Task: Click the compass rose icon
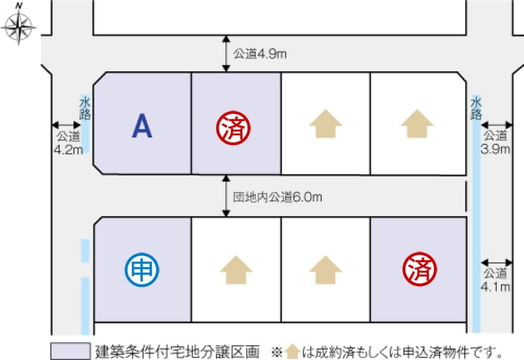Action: [19, 26]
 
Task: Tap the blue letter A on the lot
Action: [142, 126]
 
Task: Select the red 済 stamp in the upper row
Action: [233, 127]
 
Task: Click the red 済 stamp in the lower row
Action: [420, 269]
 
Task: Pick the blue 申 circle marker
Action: [142, 269]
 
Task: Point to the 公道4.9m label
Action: [260, 54]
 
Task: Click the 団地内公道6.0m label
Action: [277, 197]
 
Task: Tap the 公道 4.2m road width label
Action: [68, 143]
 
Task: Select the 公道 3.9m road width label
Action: [495, 142]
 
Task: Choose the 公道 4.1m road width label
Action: [495, 280]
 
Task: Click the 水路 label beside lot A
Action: [85, 108]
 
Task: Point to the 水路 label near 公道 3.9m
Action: [476, 108]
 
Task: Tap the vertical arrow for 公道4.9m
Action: [226, 53]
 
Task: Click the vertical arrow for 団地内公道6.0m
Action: [226, 196]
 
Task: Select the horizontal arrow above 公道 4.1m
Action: [497, 262]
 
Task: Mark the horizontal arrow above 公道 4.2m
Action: [66, 125]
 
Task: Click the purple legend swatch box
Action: [71, 351]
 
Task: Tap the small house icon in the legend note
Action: [292, 351]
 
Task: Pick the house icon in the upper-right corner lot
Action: [417, 124]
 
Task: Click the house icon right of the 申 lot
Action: [236, 270]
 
